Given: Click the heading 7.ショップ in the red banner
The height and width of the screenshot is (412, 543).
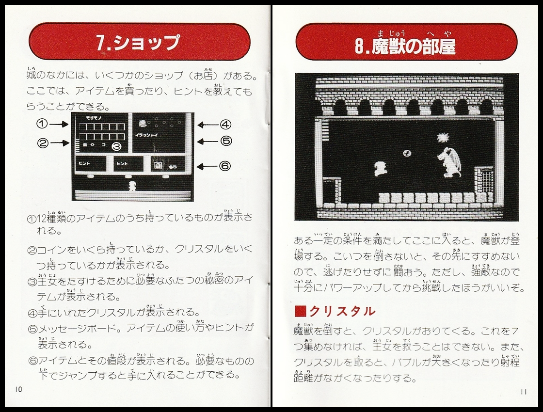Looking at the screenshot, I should (x=138, y=43).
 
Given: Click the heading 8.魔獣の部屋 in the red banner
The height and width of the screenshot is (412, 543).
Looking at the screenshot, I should (x=406, y=46).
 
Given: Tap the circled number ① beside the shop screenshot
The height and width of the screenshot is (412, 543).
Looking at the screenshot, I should (x=42, y=124).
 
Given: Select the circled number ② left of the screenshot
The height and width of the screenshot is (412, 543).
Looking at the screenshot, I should (x=42, y=143).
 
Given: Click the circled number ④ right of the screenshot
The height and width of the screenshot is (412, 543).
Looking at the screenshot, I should (x=225, y=125).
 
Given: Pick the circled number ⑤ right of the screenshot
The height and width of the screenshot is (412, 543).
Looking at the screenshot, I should (x=225, y=142).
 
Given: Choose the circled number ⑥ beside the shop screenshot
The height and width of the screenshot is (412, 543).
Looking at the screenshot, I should (x=225, y=166).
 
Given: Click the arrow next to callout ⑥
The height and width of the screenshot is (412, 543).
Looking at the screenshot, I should (x=206, y=166).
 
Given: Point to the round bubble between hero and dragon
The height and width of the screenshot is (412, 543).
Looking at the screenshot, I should (x=407, y=153).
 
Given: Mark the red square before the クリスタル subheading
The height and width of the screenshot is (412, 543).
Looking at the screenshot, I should (x=300, y=312).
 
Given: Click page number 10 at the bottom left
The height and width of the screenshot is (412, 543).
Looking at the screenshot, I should (x=18, y=389).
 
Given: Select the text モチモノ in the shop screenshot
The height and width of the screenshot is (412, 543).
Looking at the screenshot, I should (x=92, y=118).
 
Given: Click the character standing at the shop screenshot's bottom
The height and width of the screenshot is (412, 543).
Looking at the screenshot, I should (x=132, y=186).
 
